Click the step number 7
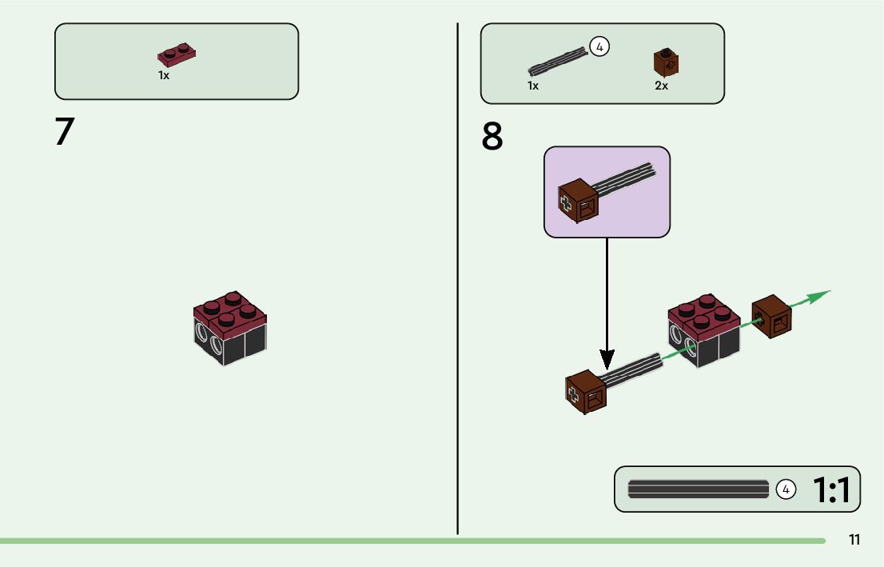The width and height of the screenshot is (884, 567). (65, 131)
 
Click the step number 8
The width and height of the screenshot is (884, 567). (492, 136)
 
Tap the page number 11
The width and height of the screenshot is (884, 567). (854, 540)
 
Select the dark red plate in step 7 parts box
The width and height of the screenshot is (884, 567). (177, 54)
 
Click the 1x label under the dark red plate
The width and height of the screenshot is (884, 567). (164, 75)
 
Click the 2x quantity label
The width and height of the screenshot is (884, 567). (661, 86)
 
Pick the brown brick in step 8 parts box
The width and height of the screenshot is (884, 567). (666, 62)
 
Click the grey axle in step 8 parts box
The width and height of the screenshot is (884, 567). (558, 62)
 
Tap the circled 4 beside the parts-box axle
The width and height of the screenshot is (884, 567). (599, 47)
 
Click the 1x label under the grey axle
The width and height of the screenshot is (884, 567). (533, 86)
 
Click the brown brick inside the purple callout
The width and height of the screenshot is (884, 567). (578, 201)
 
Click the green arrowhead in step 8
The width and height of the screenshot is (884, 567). (818, 296)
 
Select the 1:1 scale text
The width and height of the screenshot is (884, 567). (831, 489)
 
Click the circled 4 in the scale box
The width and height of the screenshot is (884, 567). (786, 489)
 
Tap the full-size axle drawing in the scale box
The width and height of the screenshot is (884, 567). (698, 489)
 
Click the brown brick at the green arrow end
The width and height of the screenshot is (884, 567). (772, 317)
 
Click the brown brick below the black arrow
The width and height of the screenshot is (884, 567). (586, 392)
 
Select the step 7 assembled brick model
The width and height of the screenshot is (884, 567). (230, 329)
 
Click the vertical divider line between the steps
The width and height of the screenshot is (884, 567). (457, 279)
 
